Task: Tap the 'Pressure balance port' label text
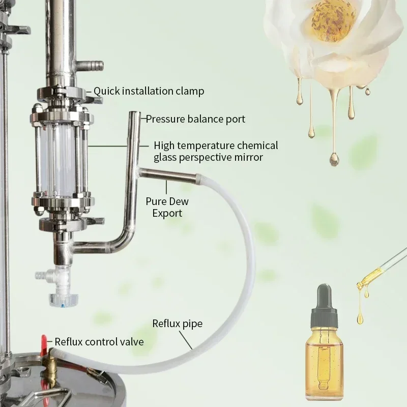click(195, 119)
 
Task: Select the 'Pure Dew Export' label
click(167, 207)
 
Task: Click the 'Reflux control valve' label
click(99, 342)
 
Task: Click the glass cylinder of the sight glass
click(61, 158)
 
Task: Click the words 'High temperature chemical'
click(216, 146)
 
